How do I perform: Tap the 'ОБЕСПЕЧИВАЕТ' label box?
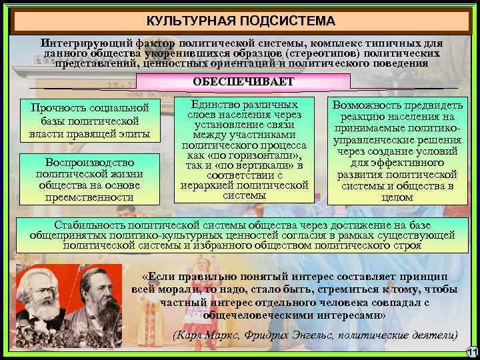click(x=243, y=81)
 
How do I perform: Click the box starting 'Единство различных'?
click(x=244, y=151)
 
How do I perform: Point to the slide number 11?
click(x=472, y=352)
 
